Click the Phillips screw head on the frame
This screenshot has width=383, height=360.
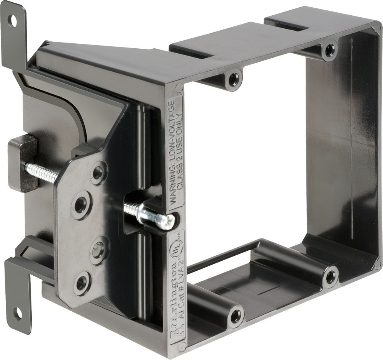click(168, 220)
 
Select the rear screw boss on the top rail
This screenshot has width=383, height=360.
click(329, 49)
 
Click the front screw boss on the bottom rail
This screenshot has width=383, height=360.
click(236, 316)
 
